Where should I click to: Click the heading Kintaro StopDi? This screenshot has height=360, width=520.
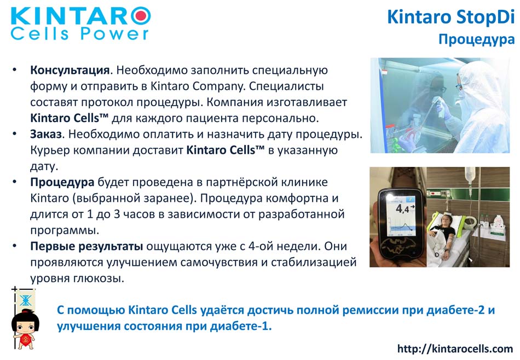click(x=450, y=16)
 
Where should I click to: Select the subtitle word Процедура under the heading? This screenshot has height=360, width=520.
click(x=477, y=39)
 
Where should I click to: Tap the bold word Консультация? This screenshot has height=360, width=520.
click(x=70, y=70)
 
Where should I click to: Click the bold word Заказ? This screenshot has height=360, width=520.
click(x=46, y=134)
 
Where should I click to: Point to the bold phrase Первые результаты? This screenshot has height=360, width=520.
click(x=86, y=246)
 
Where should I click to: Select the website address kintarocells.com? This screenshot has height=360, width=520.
click(x=455, y=349)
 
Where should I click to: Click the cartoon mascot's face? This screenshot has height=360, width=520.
click(x=25, y=326)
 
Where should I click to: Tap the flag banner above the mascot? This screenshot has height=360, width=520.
click(x=25, y=300)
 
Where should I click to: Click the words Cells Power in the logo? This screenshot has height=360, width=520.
click(x=79, y=34)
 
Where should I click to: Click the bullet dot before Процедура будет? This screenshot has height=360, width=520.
click(x=14, y=182)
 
